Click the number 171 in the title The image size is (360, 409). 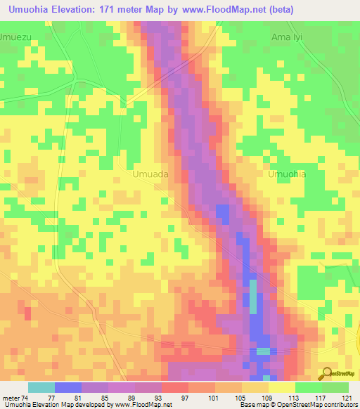[127, 9]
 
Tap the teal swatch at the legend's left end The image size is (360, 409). [41, 387]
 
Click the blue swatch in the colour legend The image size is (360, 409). [67, 387]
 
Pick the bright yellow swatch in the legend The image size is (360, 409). [281, 387]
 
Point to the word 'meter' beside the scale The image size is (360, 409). [10, 397]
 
